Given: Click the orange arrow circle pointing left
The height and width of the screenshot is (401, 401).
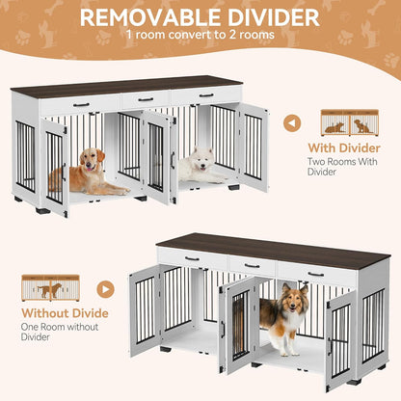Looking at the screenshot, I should [x=294, y=122].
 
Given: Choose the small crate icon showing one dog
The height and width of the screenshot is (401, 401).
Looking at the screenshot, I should [x=51, y=287].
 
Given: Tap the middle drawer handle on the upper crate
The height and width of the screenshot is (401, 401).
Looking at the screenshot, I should [x=145, y=98].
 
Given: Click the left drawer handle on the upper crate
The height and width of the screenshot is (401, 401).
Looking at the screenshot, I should [x=81, y=104].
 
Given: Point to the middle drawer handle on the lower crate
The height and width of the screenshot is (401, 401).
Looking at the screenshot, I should [x=252, y=265].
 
